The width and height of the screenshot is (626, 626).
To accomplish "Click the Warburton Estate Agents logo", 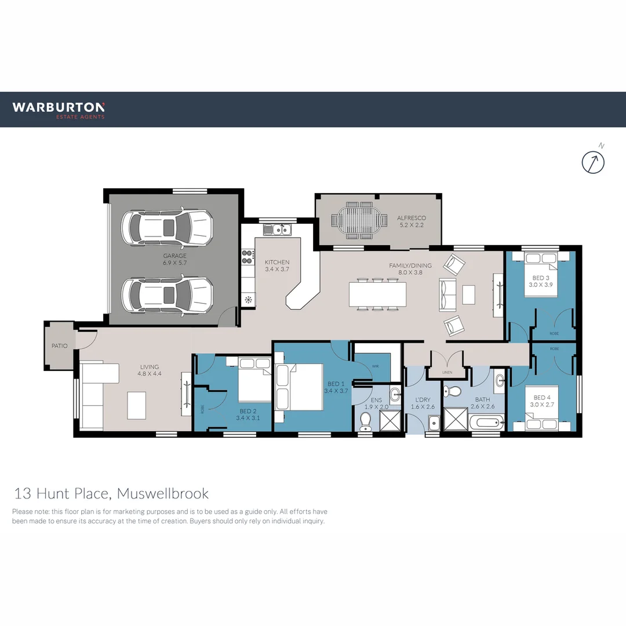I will pyautogui.click(x=59, y=110).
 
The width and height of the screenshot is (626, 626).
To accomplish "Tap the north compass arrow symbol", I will pyautogui.click(x=593, y=162).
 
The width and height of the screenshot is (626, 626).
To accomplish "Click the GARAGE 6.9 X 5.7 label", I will pyautogui.click(x=174, y=259).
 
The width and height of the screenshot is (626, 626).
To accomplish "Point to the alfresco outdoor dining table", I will pyautogui.click(x=359, y=220).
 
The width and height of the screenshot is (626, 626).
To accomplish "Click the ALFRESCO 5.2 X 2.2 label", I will pyautogui.click(x=411, y=221).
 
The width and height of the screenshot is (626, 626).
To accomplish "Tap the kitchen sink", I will pyautogui.click(x=278, y=230).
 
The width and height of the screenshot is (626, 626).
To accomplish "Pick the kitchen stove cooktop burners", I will pyautogui.click(x=248, y=253).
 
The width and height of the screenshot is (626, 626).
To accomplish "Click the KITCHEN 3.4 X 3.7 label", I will pyautogui.click(x=277, y=265).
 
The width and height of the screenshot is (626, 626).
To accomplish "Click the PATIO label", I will pyautogui.click(x=59, y=346).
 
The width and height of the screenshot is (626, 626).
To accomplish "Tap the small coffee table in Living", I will pyautogui.click(x=137, y=405).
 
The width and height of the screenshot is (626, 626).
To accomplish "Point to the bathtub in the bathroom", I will pyautogui.click(x=483, y=423).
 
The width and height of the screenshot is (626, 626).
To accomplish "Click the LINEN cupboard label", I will pyautogui.click(x=446, y=372).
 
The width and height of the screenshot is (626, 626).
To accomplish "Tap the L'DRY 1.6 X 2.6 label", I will pyautogui.click(x=423, y=403).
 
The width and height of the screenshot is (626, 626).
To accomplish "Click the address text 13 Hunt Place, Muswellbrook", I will pyautogui.click(x=111, y=494).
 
